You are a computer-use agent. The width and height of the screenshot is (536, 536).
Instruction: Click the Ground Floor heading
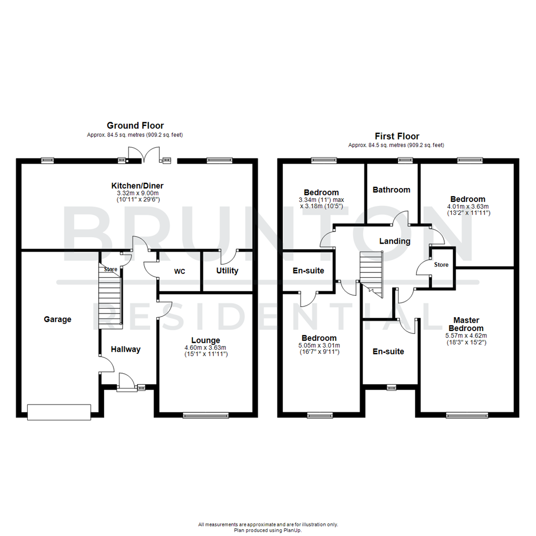point(135,126)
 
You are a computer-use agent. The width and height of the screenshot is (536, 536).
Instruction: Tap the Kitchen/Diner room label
point(137,186)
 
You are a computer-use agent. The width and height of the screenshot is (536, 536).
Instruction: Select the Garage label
point(58,319)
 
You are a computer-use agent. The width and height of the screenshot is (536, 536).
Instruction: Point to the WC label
point(179,271)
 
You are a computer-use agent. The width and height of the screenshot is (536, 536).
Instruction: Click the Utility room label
point(227,270)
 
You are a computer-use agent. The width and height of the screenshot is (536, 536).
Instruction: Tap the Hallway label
point(126,349)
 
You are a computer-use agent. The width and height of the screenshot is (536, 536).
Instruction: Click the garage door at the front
point(59,412)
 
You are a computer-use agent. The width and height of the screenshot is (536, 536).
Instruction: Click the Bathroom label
point(392,190)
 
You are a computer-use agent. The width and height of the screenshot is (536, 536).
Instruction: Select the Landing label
point(395,241)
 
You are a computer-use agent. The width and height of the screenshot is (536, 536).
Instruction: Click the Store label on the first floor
point(441,265)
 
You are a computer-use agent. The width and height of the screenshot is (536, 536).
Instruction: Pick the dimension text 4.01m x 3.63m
point(468,206)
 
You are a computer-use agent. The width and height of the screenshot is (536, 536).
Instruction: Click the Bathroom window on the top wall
point(405,160)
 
